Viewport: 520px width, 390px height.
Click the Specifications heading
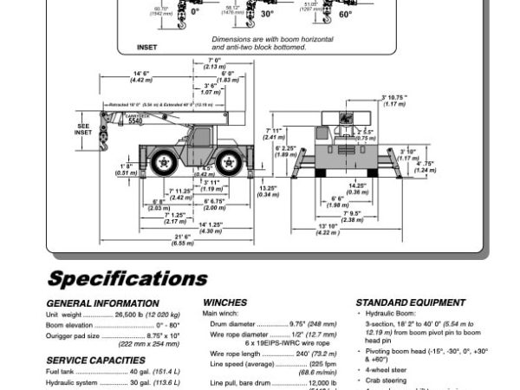click(127, 278)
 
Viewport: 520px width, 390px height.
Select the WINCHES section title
click(224, 302)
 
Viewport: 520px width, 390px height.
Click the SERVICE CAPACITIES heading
click(95, 360)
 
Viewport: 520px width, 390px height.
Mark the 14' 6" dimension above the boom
click(142, 73)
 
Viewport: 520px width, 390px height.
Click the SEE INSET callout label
click(83, 129)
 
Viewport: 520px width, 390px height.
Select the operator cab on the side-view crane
click(201, 135)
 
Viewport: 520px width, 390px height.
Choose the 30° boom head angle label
click(267, 14)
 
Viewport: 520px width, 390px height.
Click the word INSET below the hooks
click(146, 47)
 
